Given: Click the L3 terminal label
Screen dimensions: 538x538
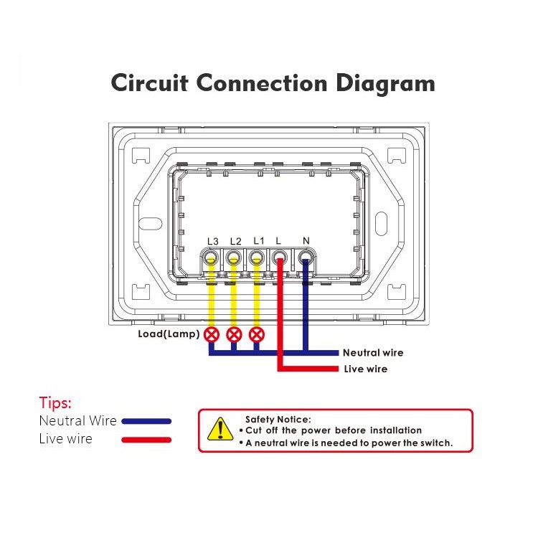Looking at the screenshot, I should [212, 241].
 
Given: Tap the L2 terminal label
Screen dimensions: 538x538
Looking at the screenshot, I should [235, 241].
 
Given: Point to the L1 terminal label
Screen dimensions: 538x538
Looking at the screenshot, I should [258, 241].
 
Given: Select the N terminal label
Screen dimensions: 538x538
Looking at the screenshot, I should [306, 241].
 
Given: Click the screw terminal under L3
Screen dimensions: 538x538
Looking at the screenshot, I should [212, 258].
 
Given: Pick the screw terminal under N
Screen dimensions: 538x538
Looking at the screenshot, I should [306, 258].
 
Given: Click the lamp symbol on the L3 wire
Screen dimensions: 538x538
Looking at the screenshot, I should [212, 334].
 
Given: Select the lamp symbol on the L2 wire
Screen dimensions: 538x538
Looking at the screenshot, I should [234, 334].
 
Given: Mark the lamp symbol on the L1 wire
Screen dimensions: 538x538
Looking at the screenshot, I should [256, 334].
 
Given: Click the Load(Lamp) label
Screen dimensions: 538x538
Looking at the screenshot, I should [169, 334].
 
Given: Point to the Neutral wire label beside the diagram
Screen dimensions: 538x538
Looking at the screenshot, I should [372, 352].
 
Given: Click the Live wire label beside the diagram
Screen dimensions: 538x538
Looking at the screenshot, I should [365, 369].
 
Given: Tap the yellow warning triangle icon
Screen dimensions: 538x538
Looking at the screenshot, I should [216, 429].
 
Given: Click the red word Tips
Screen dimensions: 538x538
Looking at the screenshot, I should [55, 402].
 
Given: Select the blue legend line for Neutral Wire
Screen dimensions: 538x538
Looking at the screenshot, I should [146, 422].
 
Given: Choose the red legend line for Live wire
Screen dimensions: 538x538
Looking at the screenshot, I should [146, 439].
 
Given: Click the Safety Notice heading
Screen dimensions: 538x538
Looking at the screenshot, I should [278, 419].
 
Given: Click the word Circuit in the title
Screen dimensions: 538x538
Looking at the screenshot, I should [150, 83].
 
